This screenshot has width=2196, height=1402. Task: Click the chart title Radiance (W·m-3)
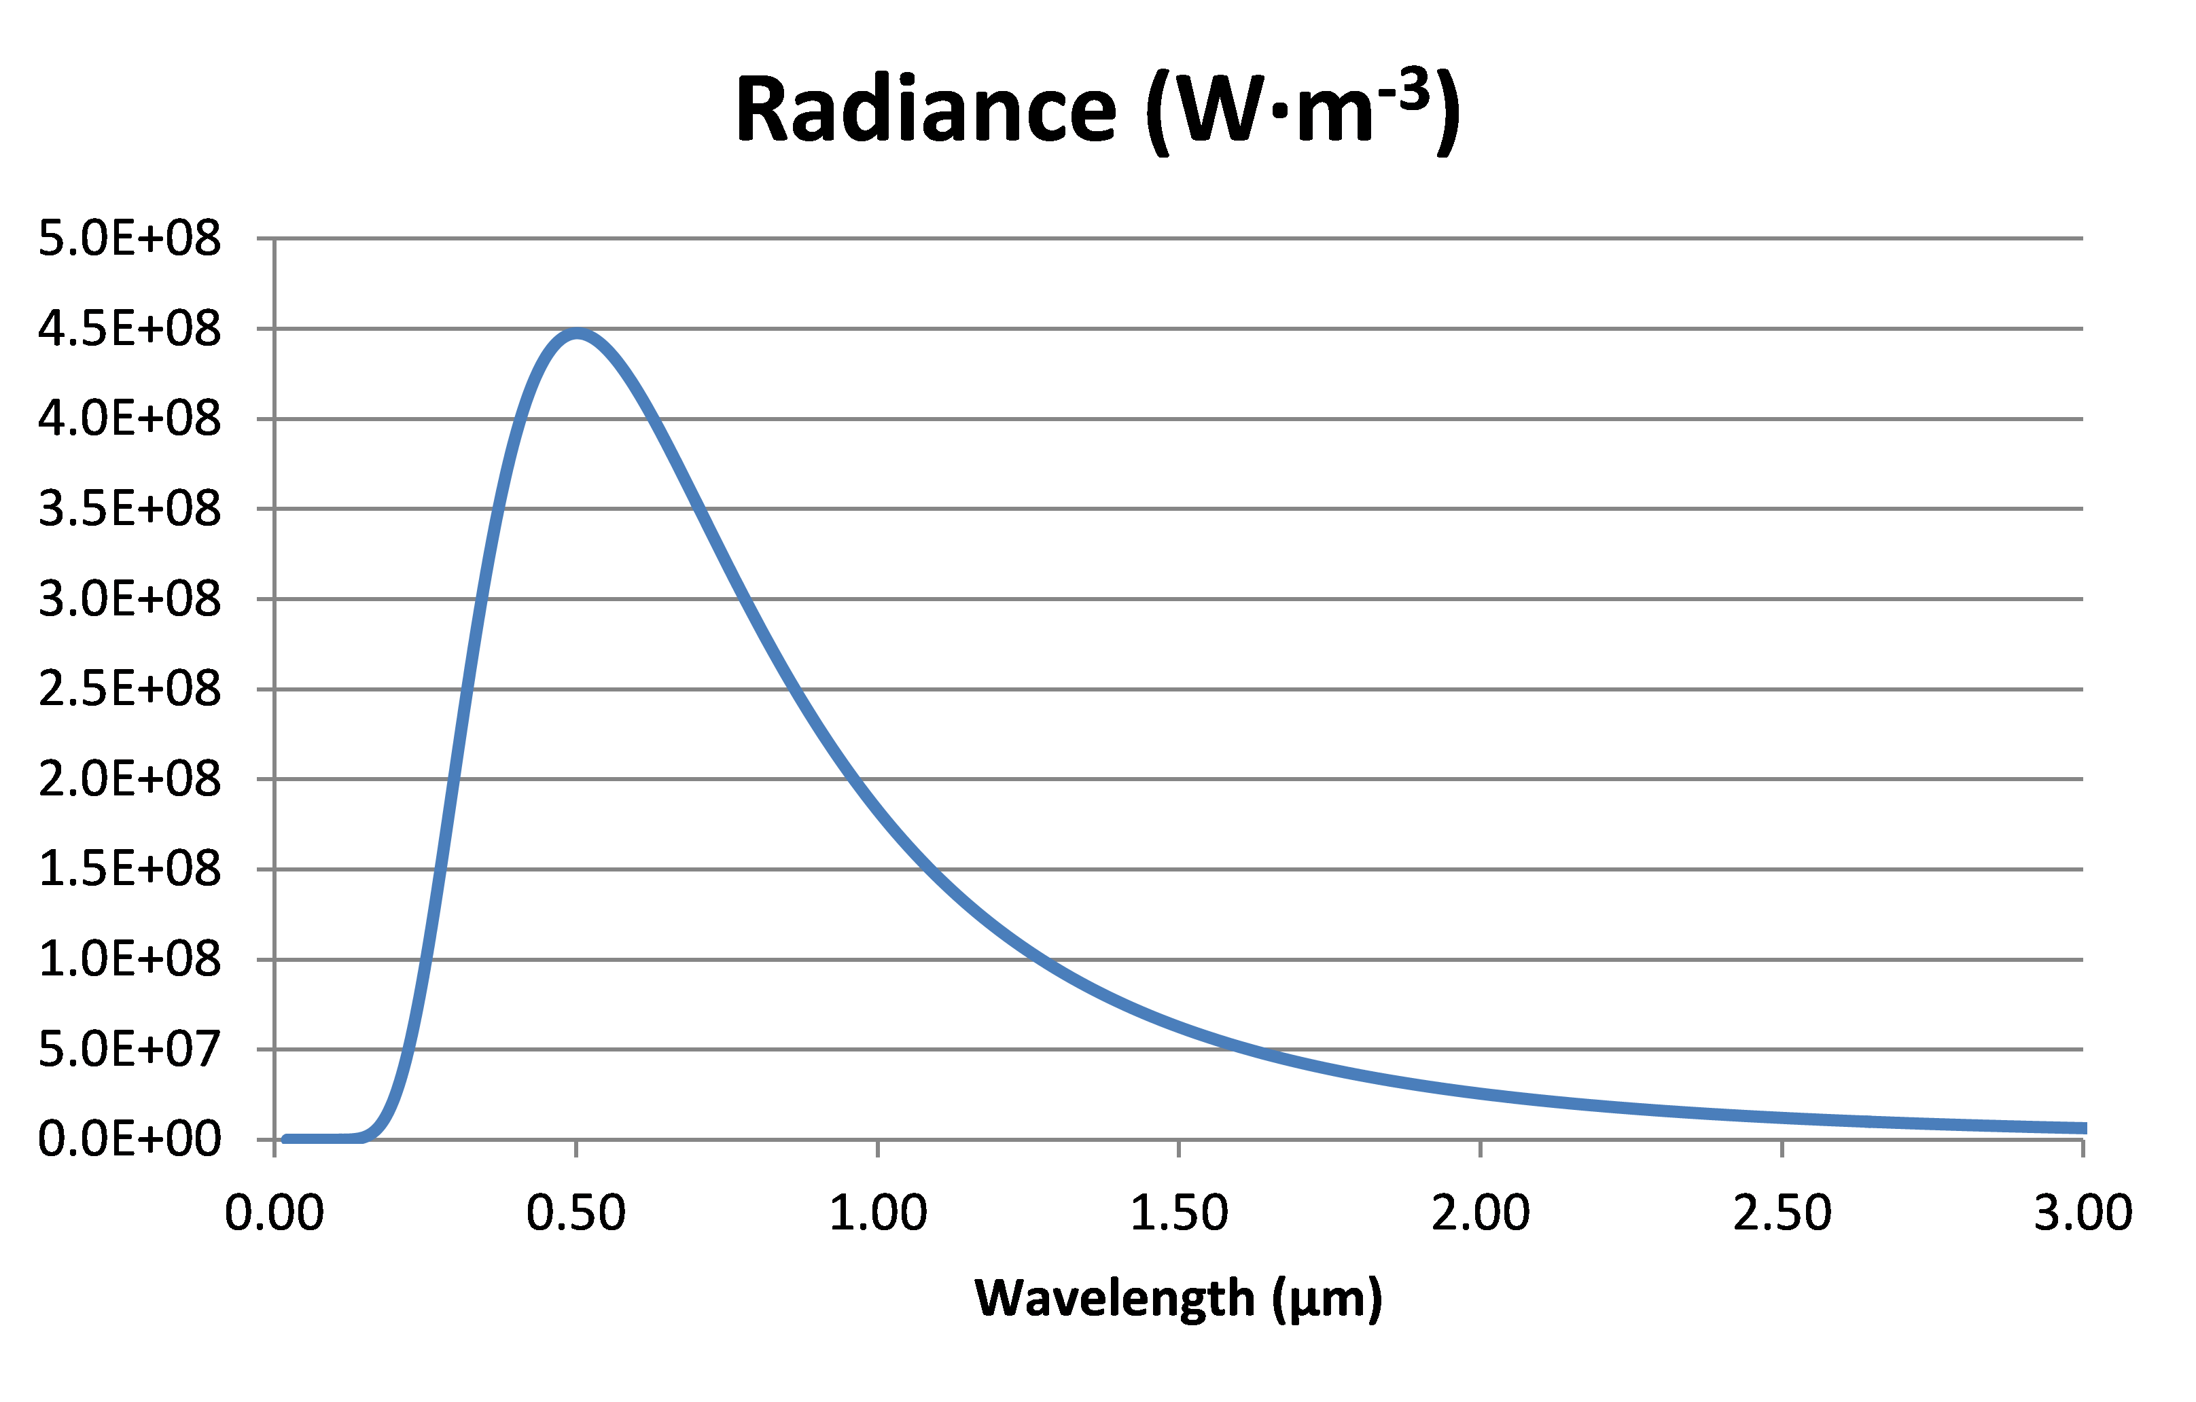1097,111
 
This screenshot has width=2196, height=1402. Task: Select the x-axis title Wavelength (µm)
1178,1298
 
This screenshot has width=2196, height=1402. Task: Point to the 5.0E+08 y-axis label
130,239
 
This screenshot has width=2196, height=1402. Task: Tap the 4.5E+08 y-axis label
130,329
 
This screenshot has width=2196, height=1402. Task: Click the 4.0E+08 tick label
130,419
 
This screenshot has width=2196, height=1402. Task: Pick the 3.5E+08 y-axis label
130,509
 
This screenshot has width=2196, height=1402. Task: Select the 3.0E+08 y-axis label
130,600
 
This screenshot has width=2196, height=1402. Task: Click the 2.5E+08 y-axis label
130,689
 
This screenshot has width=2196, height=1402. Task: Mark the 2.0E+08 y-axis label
130,779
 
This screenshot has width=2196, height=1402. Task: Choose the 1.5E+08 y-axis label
130,869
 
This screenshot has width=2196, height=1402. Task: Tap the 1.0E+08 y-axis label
130,960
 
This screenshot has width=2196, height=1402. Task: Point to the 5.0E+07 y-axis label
130,1049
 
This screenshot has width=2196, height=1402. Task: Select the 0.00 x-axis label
274,1213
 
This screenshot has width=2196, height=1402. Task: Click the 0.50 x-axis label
576,1213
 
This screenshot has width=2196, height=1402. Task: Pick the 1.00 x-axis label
877,1213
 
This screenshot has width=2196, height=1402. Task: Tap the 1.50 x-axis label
1179,1213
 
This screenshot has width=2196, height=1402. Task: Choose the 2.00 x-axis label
1480,1213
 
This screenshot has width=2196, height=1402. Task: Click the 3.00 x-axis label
2083,1213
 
